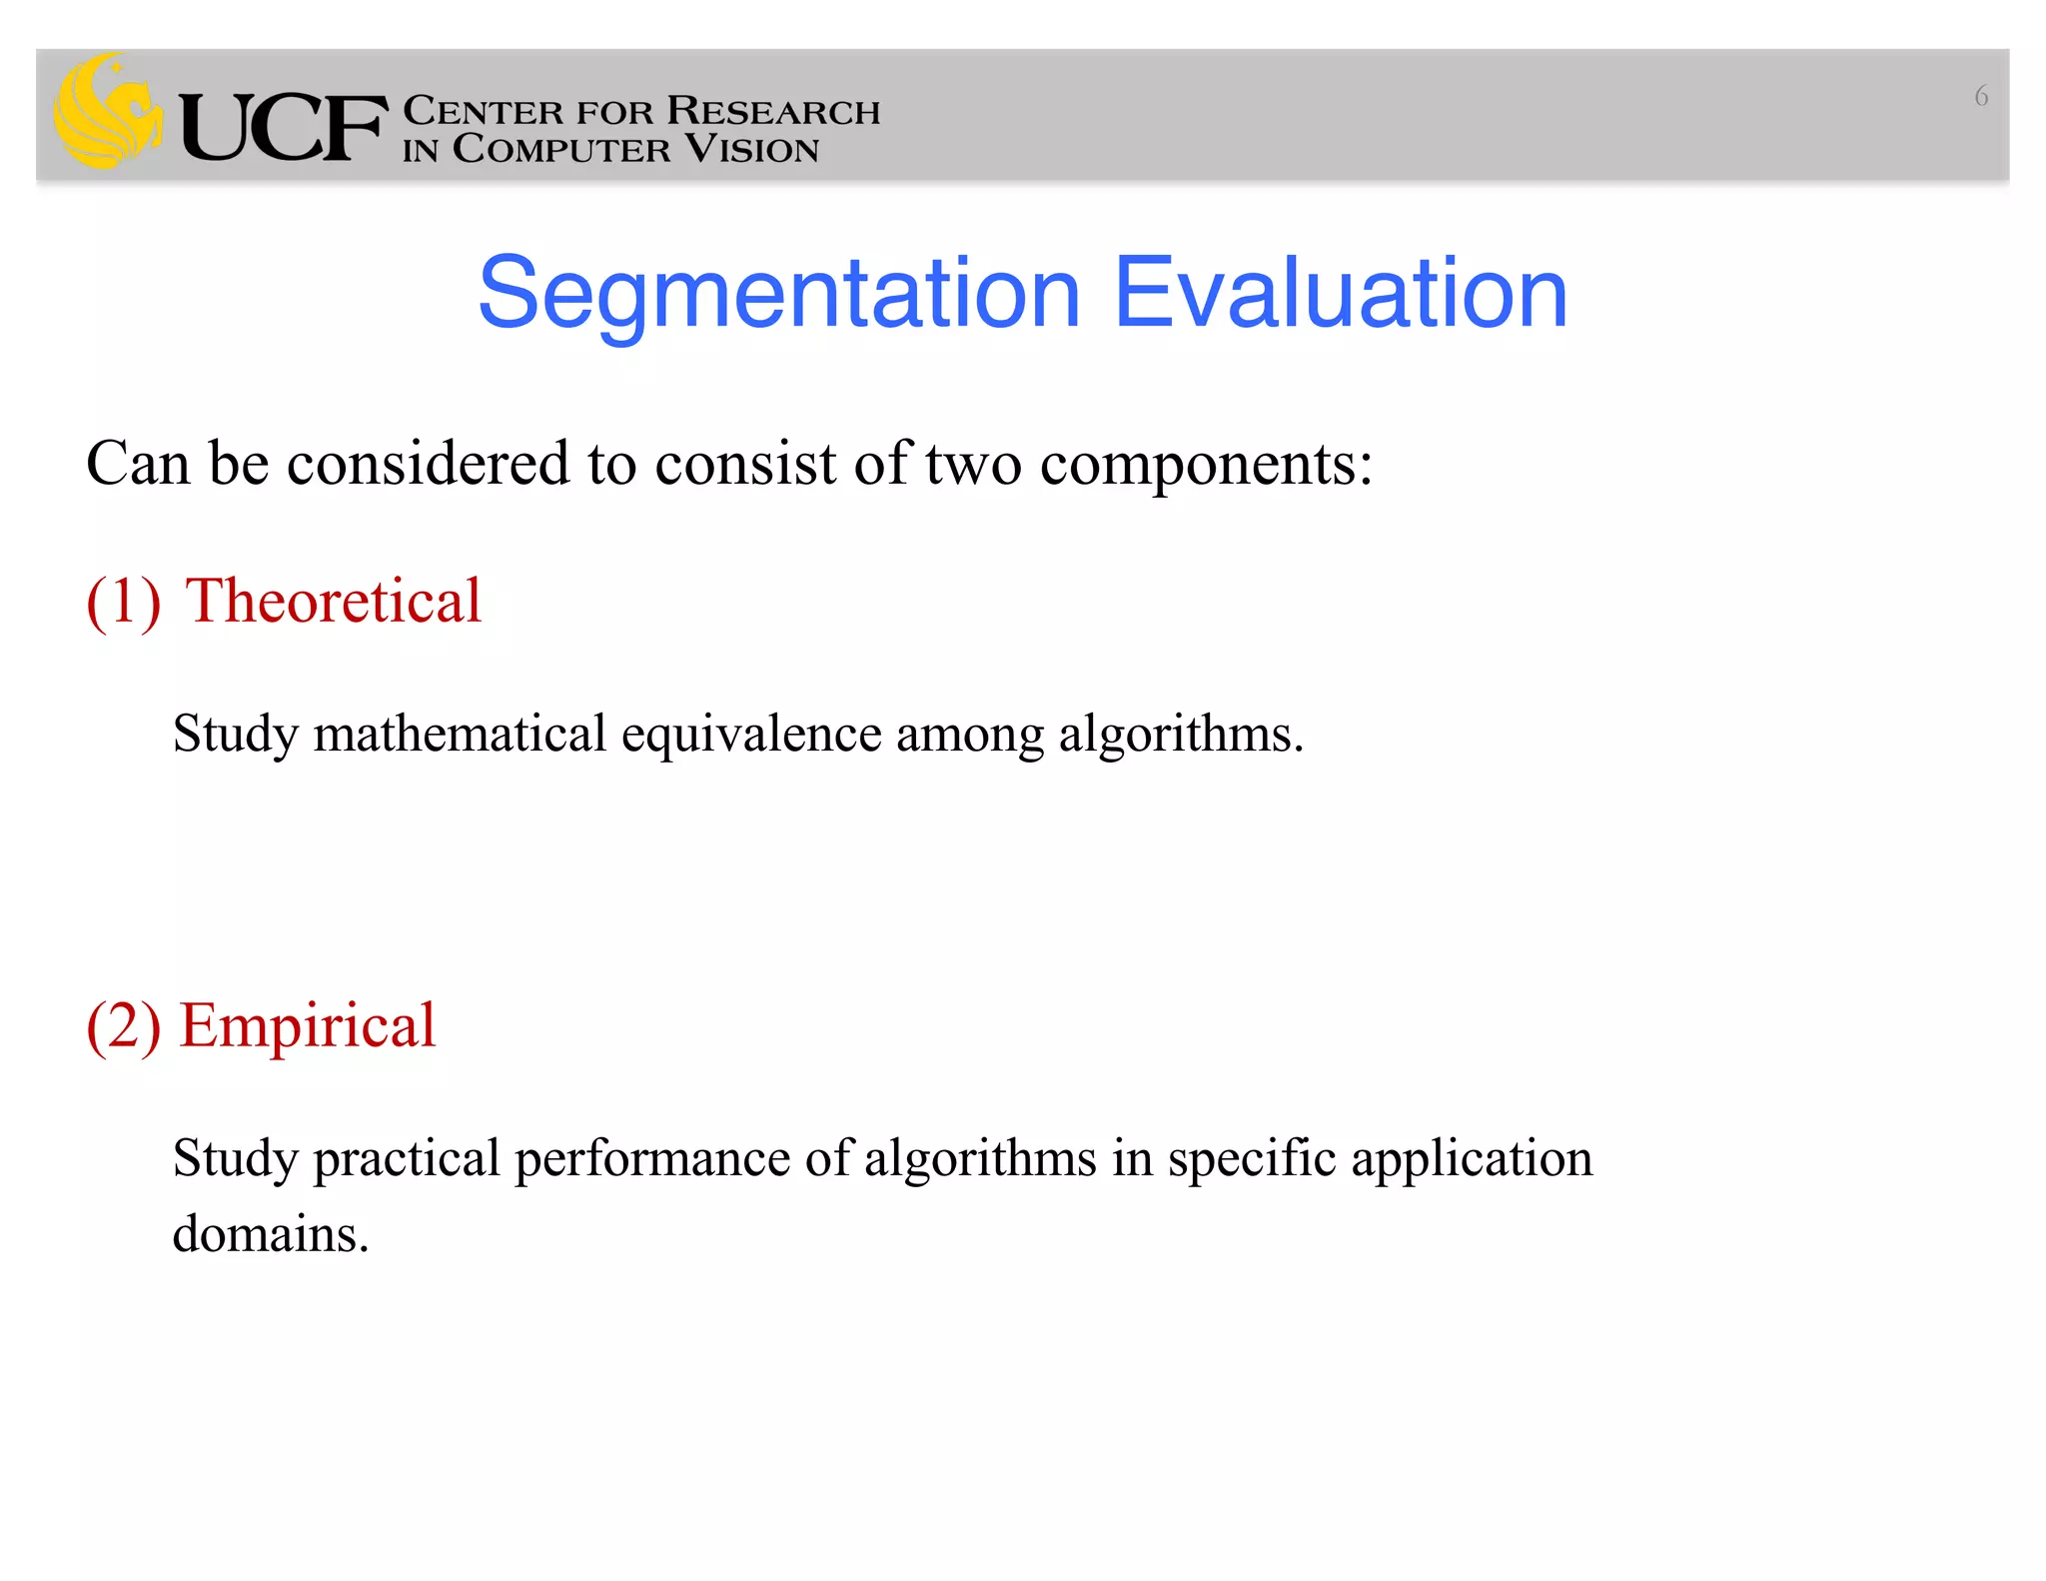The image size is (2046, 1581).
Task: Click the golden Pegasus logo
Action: click(107, 112)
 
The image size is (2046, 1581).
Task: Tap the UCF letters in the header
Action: click(283, 128)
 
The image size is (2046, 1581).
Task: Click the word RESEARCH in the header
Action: click(773, 111)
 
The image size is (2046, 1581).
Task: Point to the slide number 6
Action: click(1981, 97)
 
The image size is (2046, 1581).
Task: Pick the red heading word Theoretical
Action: click(334, 601)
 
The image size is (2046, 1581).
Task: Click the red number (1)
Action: click(124, 602)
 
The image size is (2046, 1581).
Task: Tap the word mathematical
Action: click(460, 734)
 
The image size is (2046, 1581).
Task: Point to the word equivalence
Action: click(751, 736)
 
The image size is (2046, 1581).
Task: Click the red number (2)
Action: click(124, 1026)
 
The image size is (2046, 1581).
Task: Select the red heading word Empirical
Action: click(308, 1026)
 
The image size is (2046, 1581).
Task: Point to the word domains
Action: click(270, 1234)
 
